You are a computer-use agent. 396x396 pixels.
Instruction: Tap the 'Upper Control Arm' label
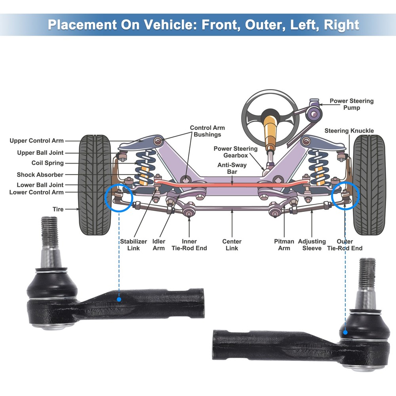[x=36, y=141]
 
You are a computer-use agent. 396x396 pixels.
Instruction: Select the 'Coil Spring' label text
[x=48, y=163]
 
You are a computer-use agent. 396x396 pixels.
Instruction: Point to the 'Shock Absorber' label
[x=40, y=175]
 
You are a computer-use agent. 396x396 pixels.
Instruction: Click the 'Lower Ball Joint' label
[x=40, y=185]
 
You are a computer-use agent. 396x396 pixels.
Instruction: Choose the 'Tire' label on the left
[x=58, y=209]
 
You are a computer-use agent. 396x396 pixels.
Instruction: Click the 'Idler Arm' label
[x=159, y=245]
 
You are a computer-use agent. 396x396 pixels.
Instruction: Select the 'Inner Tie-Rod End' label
[x=189, y=245]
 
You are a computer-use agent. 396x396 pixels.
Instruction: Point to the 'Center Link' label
[x=232, y=245]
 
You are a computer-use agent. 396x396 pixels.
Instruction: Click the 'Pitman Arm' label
[x=284, y=245]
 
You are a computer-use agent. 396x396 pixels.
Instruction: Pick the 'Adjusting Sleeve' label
[x=312, y=245]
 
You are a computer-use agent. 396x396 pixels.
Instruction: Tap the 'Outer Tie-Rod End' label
[x=345, y=245]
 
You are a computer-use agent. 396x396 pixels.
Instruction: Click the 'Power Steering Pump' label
[x=351, y=104]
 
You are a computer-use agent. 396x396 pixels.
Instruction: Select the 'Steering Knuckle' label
[x=349, y=131]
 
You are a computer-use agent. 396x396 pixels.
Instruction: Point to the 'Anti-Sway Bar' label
[x=232, y=168]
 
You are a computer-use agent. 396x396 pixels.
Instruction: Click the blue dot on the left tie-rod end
[x=119, y=300]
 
